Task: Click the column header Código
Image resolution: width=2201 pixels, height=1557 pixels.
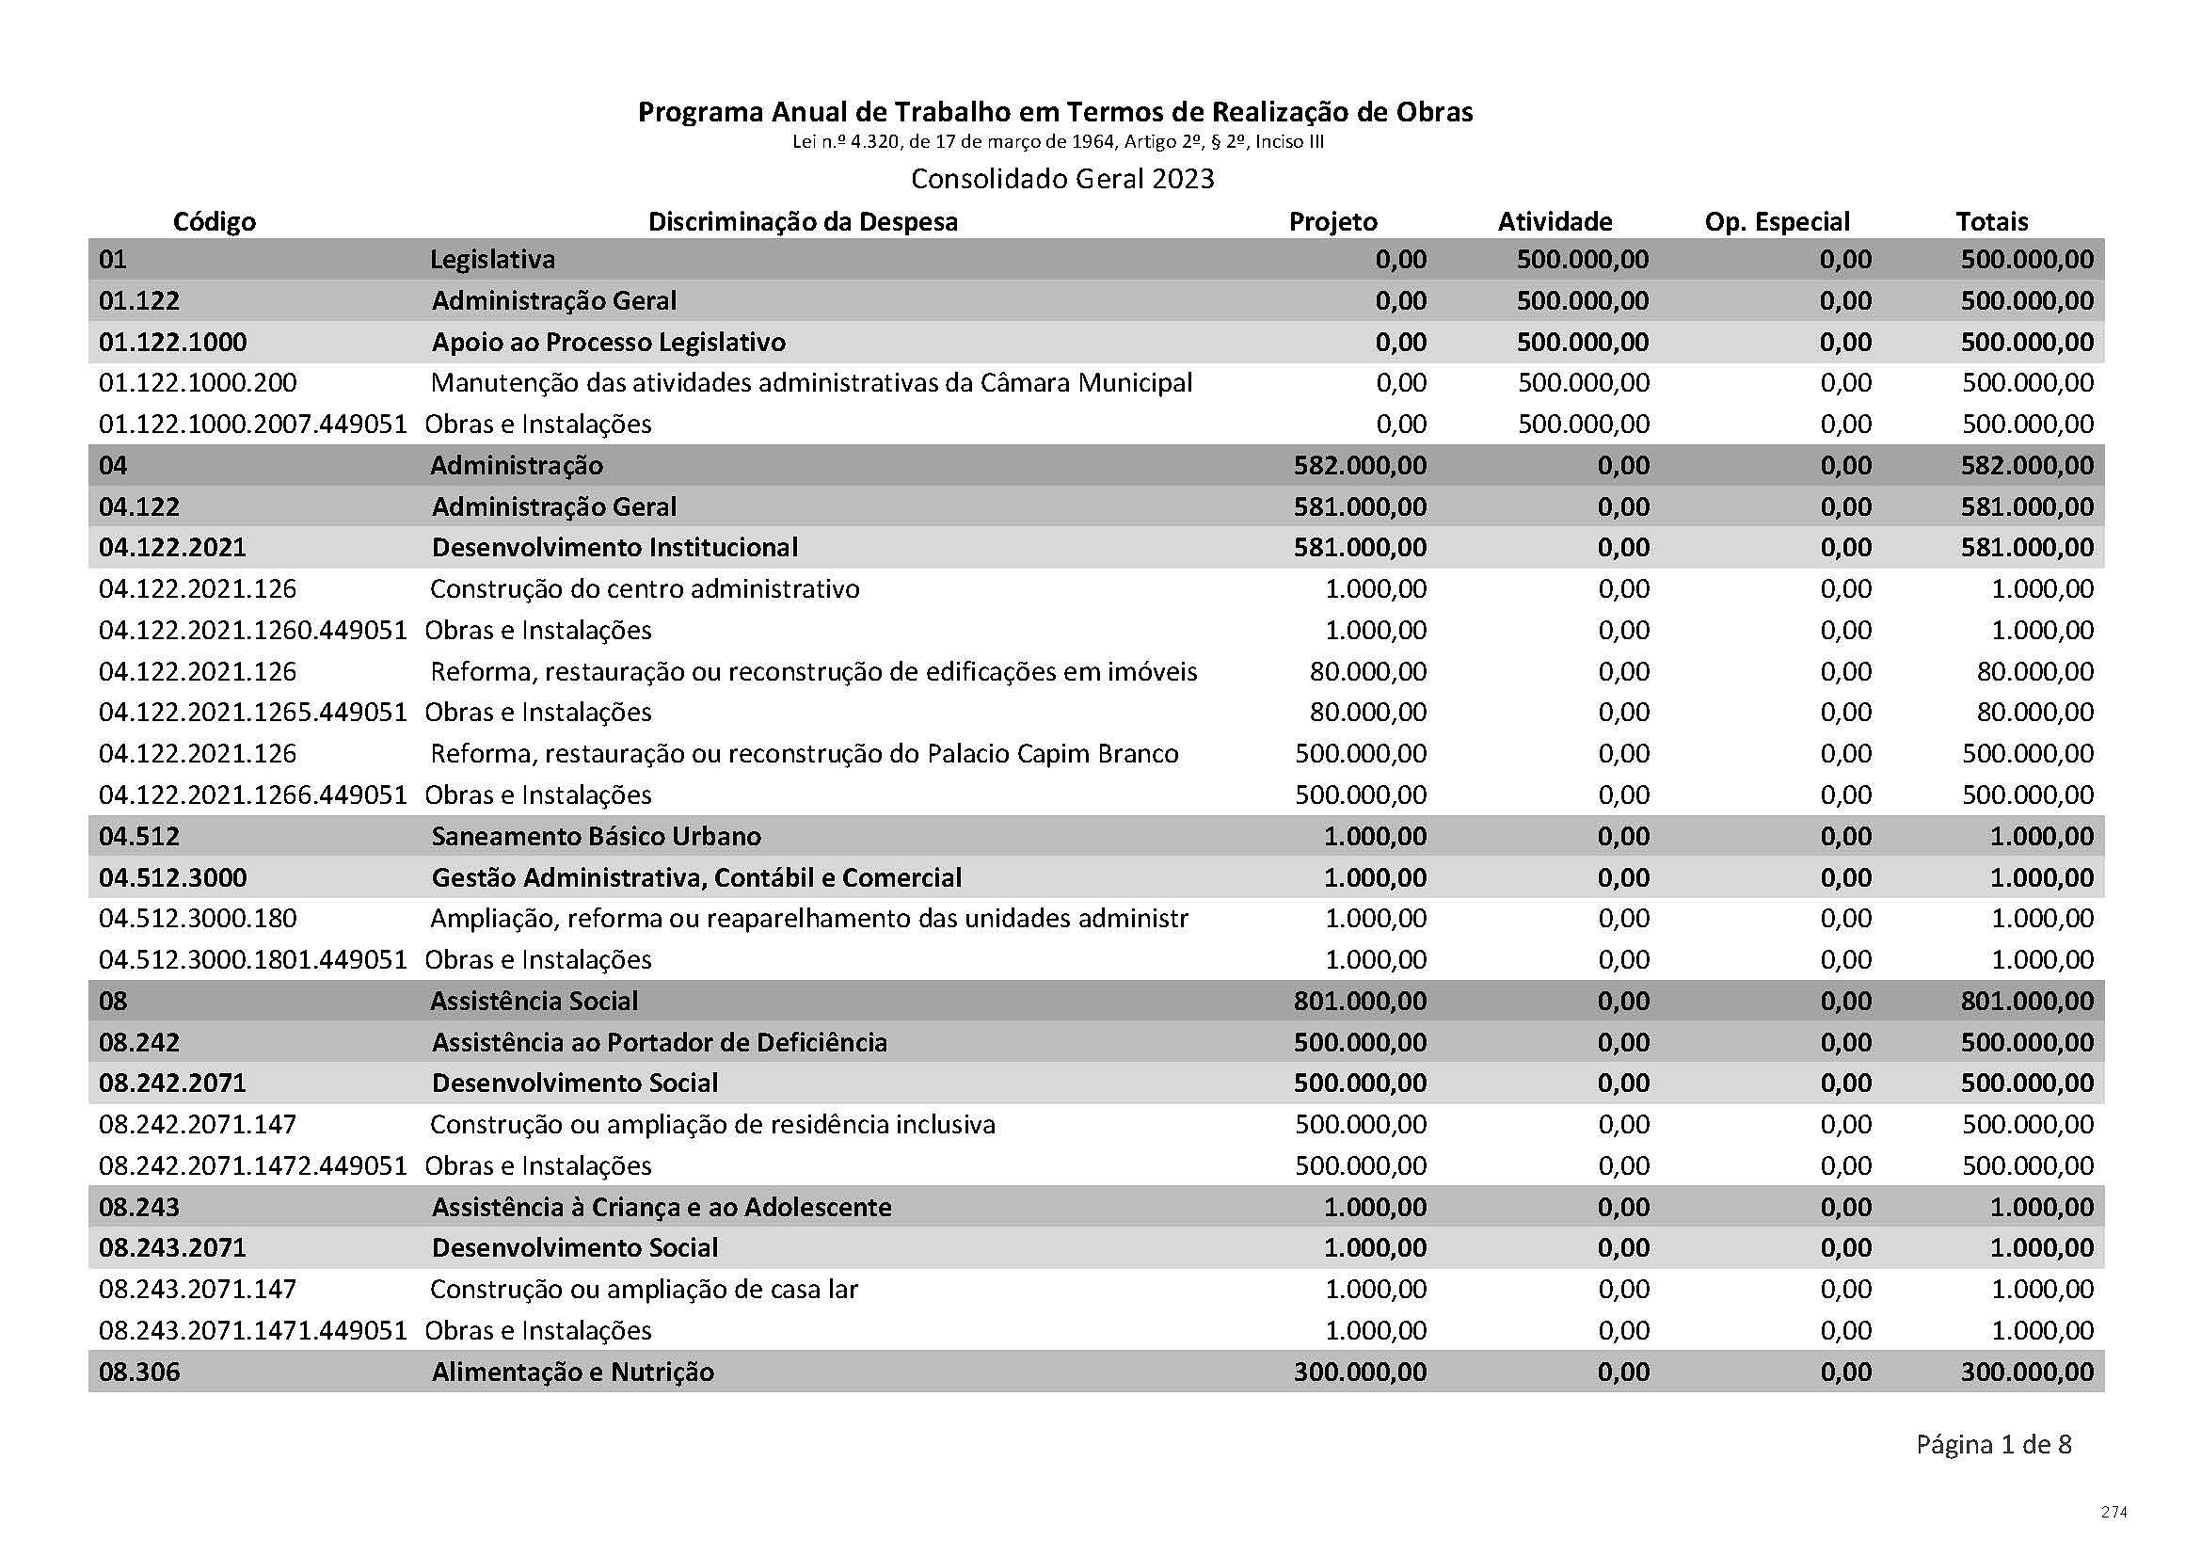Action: click(214, 221)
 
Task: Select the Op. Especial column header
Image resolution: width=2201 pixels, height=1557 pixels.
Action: click(1777, 221)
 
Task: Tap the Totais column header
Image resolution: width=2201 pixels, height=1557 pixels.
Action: click(1991, 221)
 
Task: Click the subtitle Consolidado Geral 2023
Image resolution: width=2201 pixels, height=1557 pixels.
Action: click(1062, 178)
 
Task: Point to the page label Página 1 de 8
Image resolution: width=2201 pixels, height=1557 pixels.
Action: click(1993, 1470)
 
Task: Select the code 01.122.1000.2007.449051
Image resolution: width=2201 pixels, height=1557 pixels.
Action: click(253, 424)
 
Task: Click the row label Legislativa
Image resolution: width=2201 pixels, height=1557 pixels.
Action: click(492, 259)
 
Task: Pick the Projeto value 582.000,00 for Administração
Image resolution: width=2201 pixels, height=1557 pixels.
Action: click(1360, 465)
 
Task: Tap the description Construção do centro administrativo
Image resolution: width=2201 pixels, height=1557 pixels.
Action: click(645, 588)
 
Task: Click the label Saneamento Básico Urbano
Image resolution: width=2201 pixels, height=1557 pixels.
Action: click(597, 836)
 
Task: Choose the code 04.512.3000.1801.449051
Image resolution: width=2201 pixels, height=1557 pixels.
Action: click(253, 959)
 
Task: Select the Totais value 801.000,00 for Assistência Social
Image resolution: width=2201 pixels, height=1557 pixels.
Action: click(2027, 1001)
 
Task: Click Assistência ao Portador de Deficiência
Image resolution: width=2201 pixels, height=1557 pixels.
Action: click(660, 1042)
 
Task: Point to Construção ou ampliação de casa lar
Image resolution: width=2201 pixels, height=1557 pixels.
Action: click(644, 1290)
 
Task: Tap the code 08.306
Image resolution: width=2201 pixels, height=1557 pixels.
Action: click(139, 1372)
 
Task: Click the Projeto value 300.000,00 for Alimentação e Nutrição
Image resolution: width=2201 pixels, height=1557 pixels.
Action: click(1360, 1372)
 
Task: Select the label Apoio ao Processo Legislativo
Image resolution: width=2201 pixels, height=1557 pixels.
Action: click(609, 343)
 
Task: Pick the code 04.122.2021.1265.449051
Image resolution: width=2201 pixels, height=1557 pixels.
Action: click(253, 713)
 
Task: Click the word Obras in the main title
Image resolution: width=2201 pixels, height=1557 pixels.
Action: click(1434, 112)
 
